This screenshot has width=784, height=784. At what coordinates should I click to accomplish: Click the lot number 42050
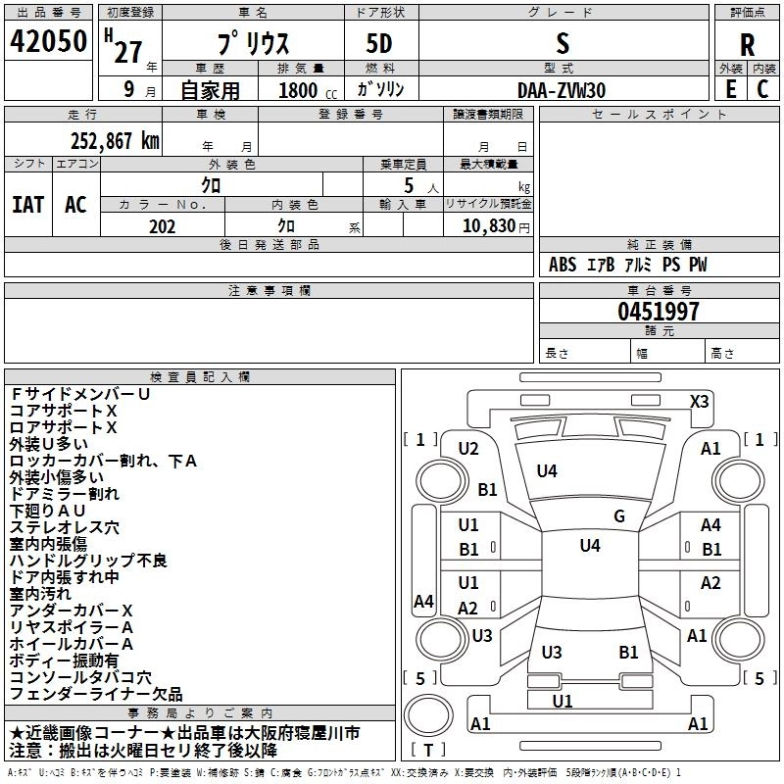tap(48, 41)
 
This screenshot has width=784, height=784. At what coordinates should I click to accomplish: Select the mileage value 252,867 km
tap(115, 141)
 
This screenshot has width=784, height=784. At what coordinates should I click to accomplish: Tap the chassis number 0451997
tap(658, 312)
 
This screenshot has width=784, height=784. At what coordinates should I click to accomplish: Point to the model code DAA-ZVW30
tap(561, 90)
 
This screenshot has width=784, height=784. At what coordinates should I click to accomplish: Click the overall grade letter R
tap(747, 45)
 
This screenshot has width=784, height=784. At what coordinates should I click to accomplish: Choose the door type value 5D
tap(379, 44)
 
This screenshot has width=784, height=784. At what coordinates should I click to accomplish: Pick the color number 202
tap(162, 226)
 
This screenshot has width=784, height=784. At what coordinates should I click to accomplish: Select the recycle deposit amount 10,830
tap(488, 225)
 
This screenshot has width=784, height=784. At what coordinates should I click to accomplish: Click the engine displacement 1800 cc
tap(308, 90)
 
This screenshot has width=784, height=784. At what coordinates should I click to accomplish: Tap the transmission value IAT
tap(28, 205)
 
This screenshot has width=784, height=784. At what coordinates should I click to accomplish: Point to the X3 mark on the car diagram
tap(699, 402)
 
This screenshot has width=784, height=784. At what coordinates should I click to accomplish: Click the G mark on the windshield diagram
tap(619, 515)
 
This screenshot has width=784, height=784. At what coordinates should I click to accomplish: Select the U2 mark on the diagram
tap(468, 449)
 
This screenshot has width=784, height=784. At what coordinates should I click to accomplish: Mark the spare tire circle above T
tap(428, 714)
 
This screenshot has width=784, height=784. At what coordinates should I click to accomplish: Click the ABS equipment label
tap(563, 265)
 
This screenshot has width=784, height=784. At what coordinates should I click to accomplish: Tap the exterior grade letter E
tap(730, 89)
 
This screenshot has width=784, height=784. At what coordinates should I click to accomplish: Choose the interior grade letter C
tap(762, 89)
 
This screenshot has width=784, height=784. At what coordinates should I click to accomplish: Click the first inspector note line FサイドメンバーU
tap(80, 394)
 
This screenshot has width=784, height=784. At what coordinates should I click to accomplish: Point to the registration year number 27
tap(128, 52)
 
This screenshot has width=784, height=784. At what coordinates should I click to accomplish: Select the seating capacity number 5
tap(409, 185)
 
